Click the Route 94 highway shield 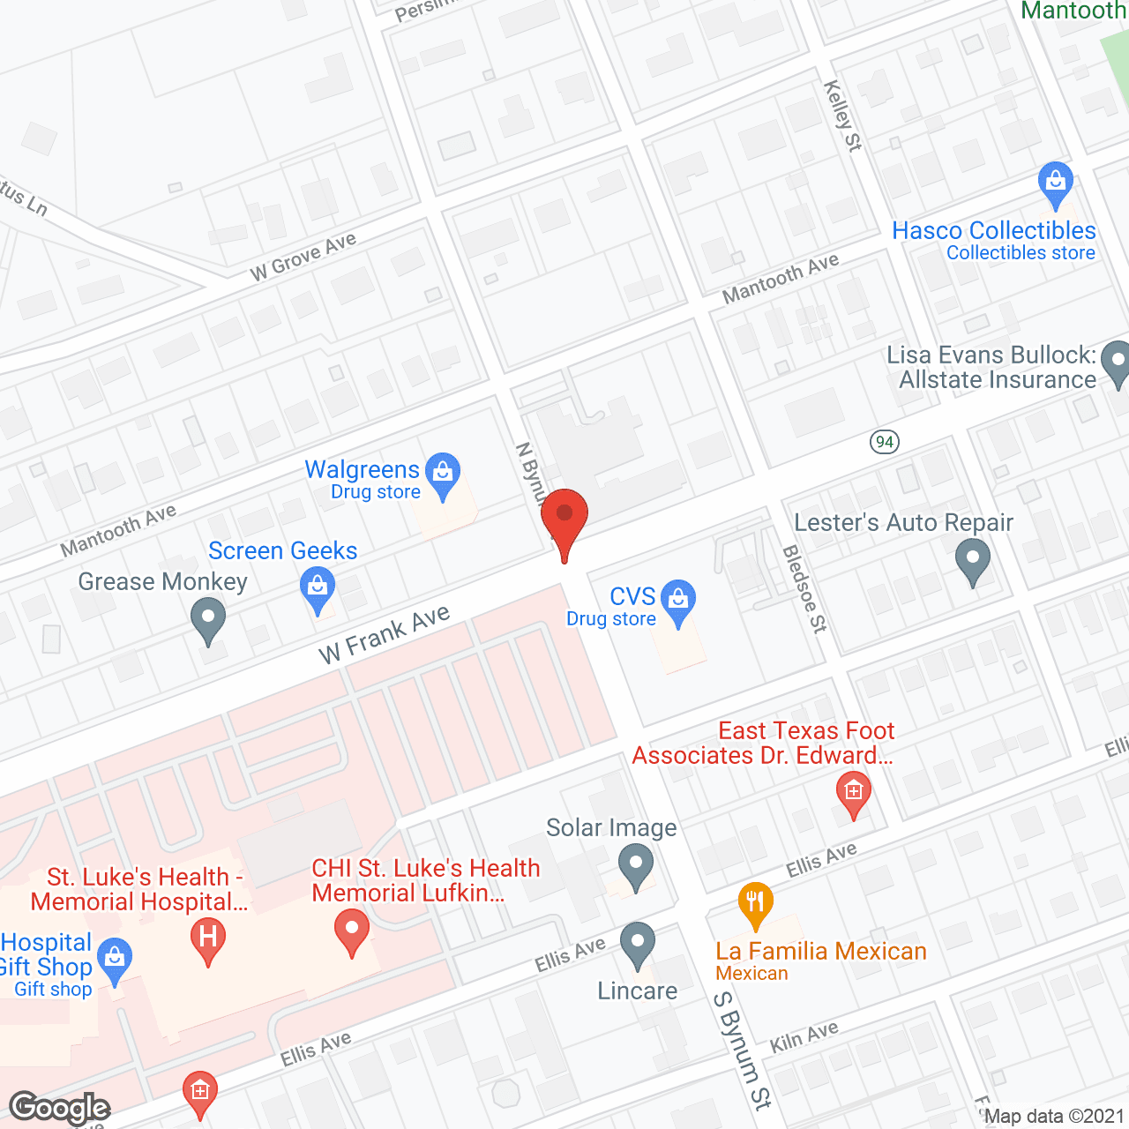[885, 441]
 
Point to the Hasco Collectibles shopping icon [1055, 183]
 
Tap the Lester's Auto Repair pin [973, 560]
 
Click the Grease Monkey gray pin [208, 618]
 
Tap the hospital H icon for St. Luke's [208, 937]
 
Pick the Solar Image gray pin [635, 864]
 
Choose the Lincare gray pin [637, 944]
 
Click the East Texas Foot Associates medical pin [853, 792]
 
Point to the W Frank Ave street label [385, 634]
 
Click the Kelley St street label [842, 116]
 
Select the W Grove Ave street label [303, 256]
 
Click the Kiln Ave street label [804, 1036]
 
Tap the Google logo [60, 1108]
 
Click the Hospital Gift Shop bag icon [115, 960]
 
